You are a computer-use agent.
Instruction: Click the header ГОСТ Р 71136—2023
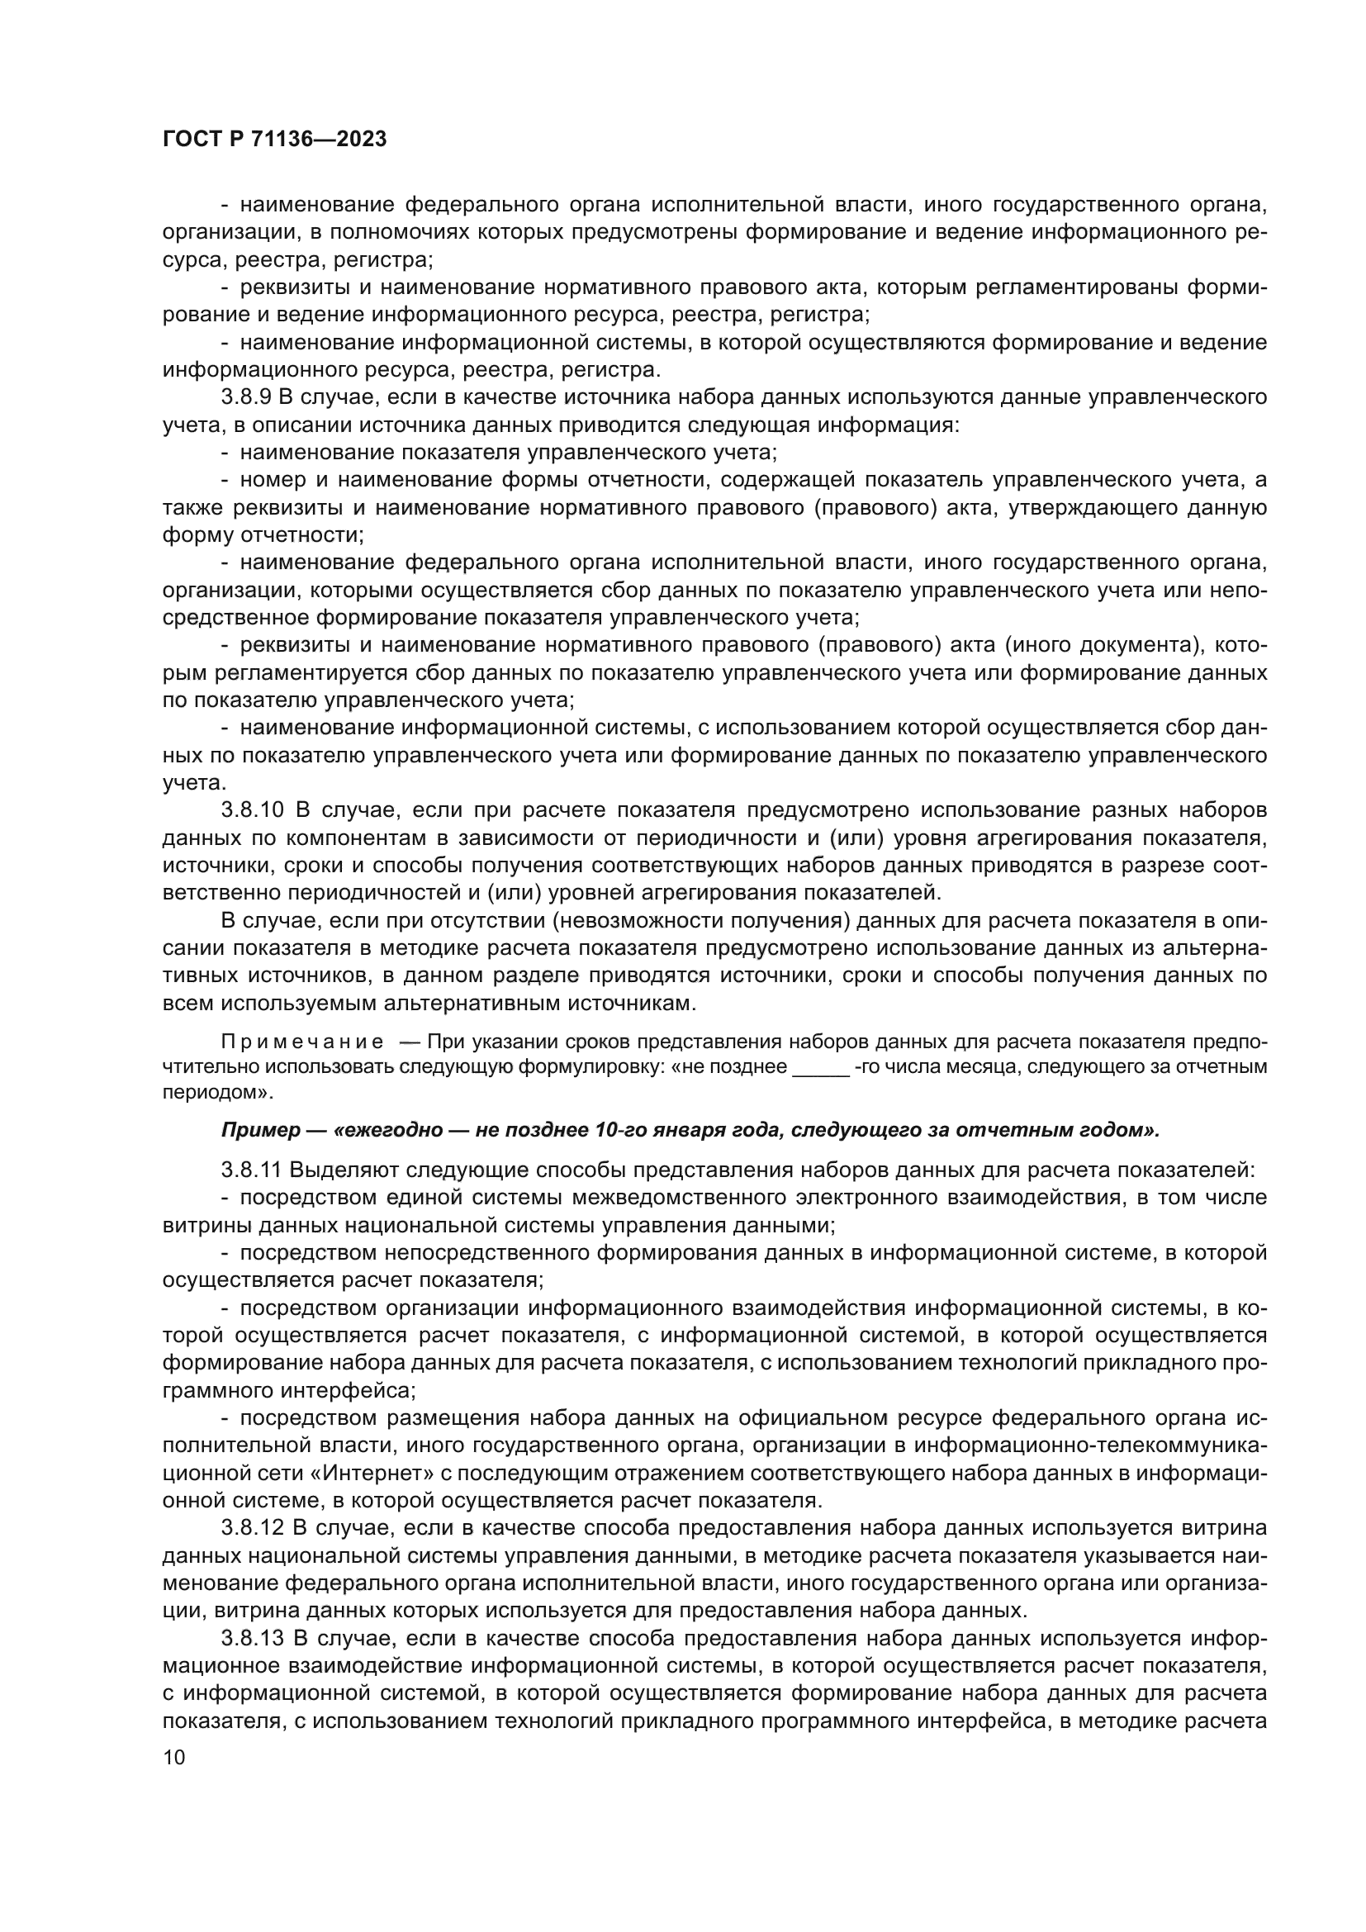pos(274,140)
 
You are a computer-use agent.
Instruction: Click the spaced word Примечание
pos(302,1042)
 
